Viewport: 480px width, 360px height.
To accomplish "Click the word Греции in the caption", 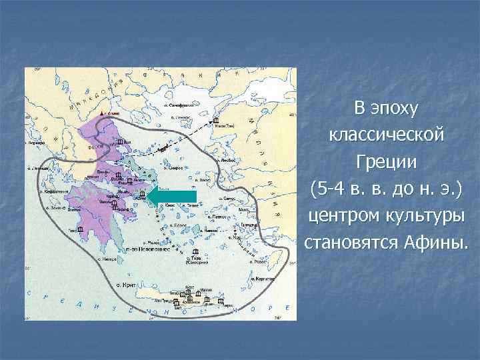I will click(x=387, y=162).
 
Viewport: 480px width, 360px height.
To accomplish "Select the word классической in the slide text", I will click(x=387, y=135).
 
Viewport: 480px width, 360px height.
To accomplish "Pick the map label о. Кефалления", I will click(x=52, y=192).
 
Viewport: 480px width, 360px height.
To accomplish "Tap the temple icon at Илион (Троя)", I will click(x=215, y=121).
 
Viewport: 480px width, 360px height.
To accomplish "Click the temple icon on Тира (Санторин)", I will click(x=195, y=251).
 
